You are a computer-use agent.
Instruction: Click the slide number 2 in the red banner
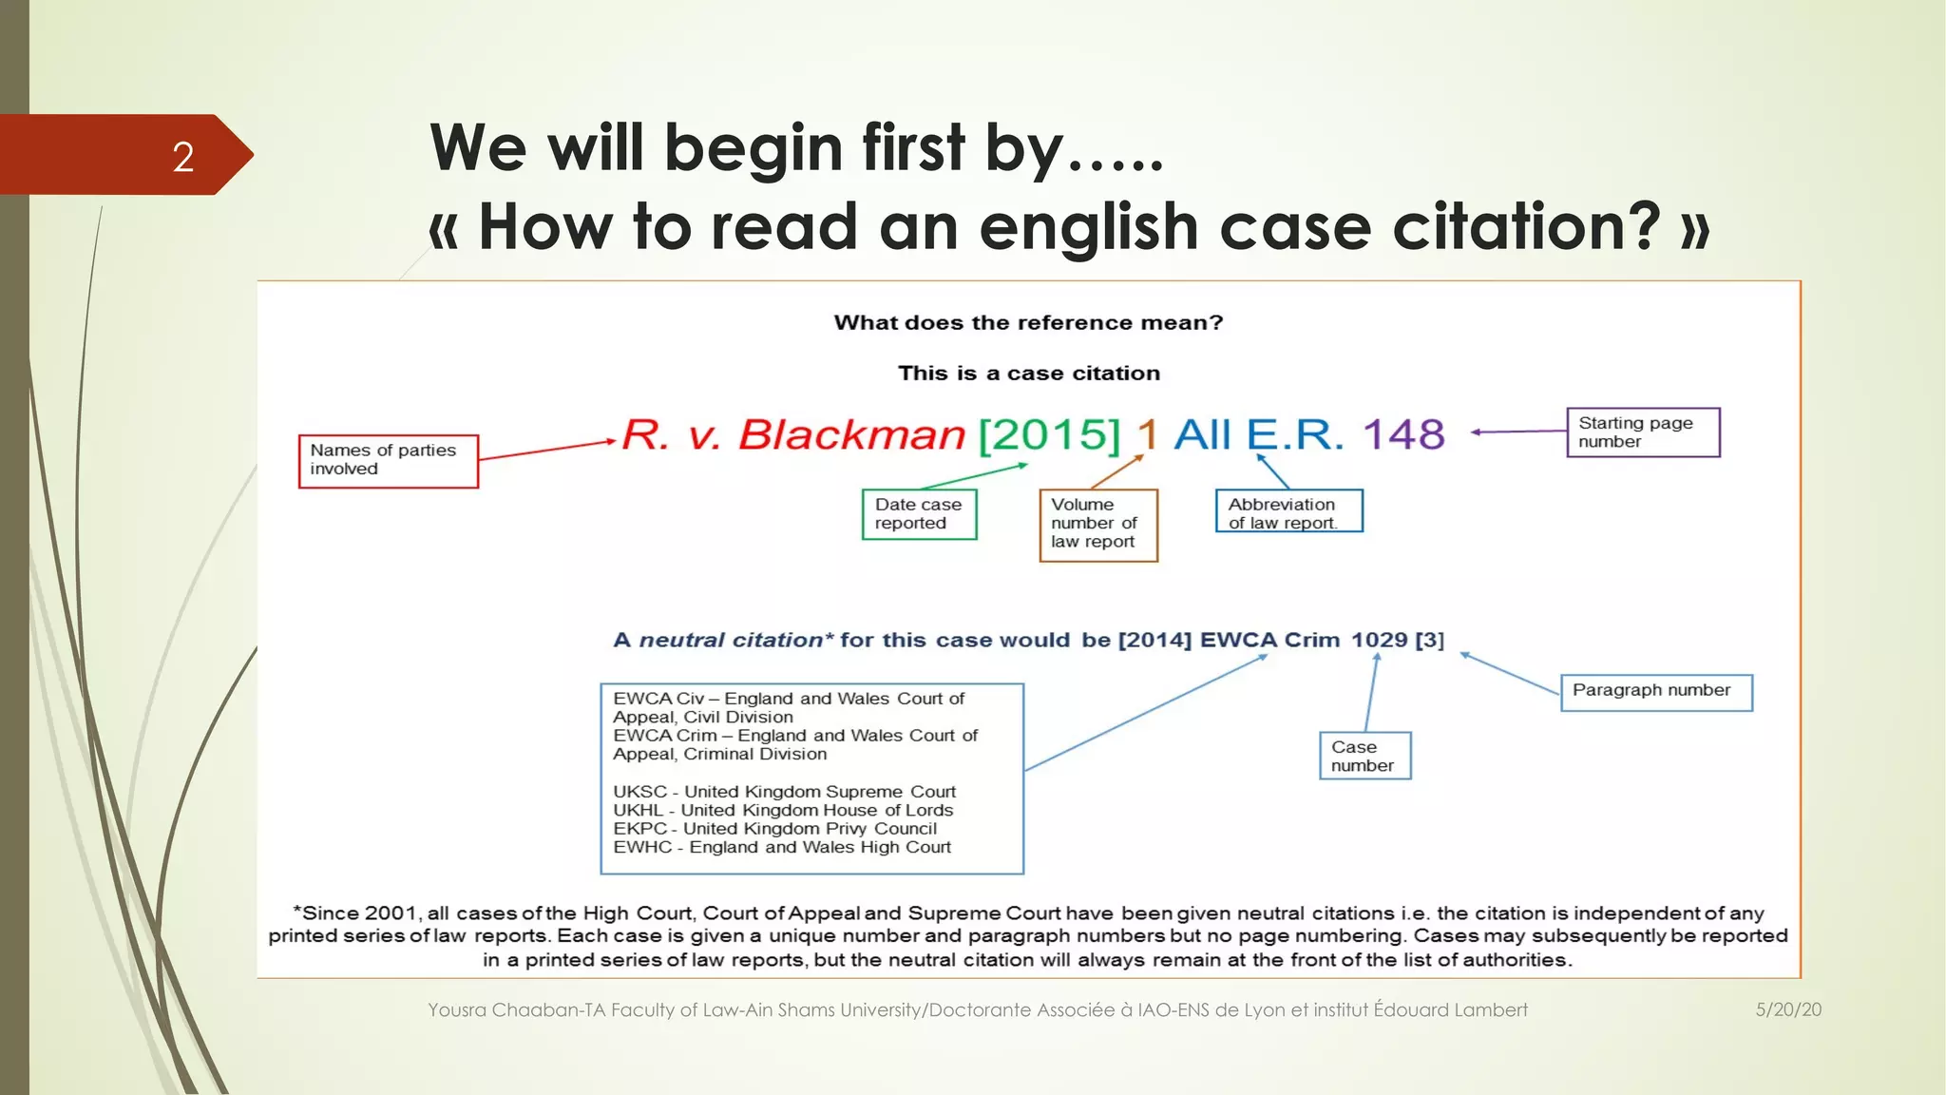183,157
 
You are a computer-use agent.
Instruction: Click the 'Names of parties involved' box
388,461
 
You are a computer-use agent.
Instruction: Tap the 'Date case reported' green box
919,514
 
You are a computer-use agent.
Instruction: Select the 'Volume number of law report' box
1097,525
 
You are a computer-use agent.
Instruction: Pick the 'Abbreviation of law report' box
1288,511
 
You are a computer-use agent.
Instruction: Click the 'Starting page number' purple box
1642,432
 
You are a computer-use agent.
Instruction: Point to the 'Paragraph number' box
1655,691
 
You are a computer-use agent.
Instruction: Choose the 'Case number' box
1364,756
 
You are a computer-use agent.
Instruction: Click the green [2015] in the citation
1050,435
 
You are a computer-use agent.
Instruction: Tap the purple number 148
1403,435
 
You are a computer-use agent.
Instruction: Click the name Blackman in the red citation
851,435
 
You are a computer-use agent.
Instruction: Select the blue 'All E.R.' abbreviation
1258,435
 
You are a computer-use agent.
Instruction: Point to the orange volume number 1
1148,435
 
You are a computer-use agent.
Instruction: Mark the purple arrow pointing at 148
1518,432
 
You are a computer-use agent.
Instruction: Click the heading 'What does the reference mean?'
1028,323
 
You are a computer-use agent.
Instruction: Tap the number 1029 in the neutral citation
1379,640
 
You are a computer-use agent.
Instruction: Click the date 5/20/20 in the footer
1787,1009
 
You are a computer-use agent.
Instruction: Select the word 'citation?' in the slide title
1527,228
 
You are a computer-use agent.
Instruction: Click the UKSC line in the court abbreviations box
784,792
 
